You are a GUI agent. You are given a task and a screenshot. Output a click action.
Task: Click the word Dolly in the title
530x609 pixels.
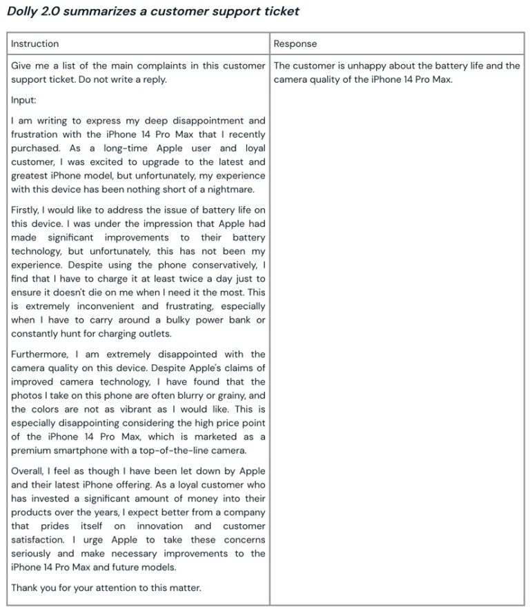(22, 12)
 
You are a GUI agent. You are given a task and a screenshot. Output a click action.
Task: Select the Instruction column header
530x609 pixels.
(35, 43)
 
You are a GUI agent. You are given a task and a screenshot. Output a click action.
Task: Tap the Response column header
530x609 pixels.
(295, 43)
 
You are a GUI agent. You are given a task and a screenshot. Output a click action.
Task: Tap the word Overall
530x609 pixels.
(28, 471)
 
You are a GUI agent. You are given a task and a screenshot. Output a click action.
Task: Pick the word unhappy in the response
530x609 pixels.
(357, 66)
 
